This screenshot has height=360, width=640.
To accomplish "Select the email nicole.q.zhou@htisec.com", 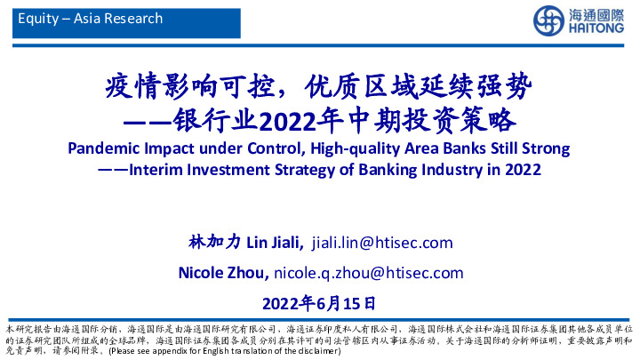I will click(x=369, y=271).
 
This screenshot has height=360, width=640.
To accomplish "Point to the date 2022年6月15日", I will click(x=321, y=301).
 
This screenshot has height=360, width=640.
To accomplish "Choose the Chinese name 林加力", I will click(x=214, y=242).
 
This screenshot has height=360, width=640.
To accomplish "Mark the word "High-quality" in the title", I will click(x=345, y=147).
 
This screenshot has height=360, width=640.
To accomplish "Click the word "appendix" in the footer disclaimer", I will click(x=170, y=353).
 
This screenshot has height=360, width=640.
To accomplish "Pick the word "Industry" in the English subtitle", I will click(x=452, y=168).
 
